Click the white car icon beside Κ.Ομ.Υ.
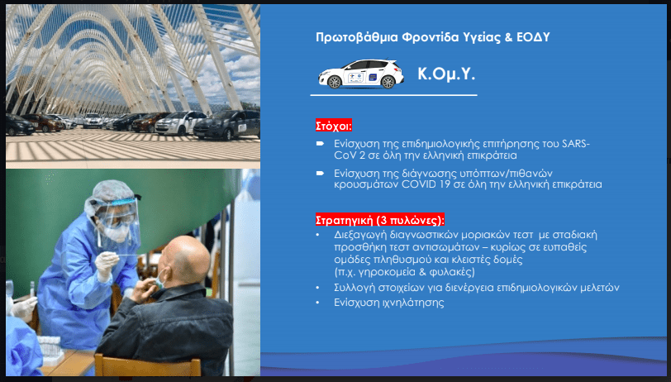click(x=361, y=74)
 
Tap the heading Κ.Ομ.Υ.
click(x=446, y=74)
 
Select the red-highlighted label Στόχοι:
click(x=334, y=126)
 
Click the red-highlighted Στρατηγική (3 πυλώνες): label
click(x=380, y=220)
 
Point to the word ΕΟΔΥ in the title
click(x=533, y=37)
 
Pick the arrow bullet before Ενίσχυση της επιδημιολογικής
click(x=320, y=144)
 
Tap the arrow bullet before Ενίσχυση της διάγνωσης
click(x=320, y=173)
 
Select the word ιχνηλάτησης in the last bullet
click(x=416, y=303)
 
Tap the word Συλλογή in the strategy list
click(x=352, y=288)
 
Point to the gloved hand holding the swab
click(x=106, y=265)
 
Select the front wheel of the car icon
click(x=334, y=82)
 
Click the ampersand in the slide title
click(x=508, y=37)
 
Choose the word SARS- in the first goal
click(x=577, y=144)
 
